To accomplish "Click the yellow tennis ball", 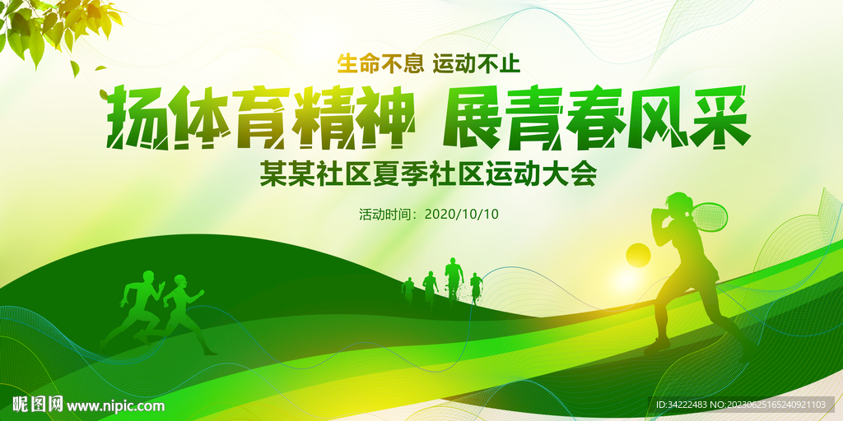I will (638, 255).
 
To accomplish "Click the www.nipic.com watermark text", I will (115, 405).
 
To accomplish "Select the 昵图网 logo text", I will (36, 405).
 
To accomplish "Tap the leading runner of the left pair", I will (183, 308).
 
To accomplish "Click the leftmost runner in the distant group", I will (408, 289).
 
